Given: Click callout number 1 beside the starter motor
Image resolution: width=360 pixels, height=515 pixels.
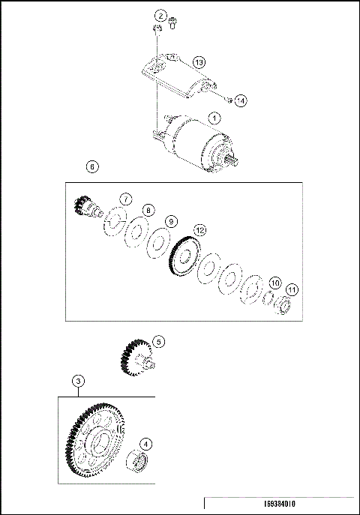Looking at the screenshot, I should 214,118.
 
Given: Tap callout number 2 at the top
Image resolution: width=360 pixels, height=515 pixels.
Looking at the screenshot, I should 160,15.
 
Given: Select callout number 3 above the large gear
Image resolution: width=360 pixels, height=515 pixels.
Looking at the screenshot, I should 78,381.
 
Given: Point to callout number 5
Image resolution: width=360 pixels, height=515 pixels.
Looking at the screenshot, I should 158,341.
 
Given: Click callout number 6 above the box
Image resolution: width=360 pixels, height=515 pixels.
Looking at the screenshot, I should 91,166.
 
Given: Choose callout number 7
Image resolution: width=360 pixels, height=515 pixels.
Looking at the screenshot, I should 126,199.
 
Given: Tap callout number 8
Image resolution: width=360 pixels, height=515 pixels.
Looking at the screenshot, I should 148,211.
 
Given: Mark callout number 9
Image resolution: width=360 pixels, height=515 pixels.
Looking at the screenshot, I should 172,221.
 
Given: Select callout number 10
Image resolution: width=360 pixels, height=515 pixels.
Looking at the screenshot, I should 275,283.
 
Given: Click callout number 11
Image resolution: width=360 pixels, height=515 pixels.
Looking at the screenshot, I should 292,289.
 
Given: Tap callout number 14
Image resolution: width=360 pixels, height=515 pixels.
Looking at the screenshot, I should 240,99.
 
